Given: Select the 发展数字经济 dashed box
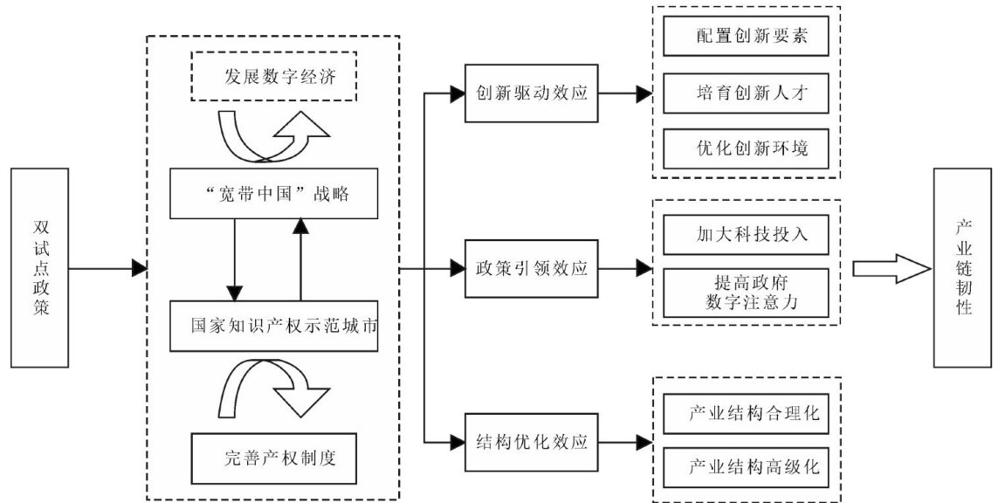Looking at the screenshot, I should tap(274, 77).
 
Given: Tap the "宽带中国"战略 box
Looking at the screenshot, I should tap(274, 194).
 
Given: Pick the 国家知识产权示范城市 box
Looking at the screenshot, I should tap(274, 326).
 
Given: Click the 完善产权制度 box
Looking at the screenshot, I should tap(274, 457).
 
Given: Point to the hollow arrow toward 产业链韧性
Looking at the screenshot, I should tap(891, 267).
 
